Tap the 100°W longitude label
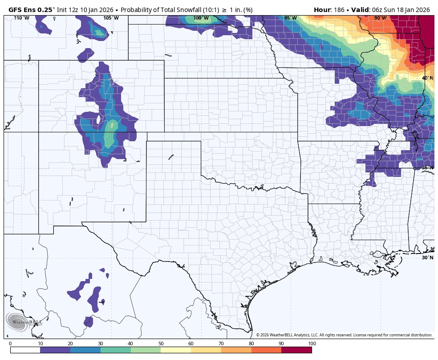201,18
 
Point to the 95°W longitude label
290,18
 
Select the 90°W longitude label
380,18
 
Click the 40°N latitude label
427,78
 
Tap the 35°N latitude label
427,168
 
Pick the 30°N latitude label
427,258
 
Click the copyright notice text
344,335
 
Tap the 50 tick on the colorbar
161,344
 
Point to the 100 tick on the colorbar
312,344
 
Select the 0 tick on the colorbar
10,344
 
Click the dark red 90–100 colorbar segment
296,350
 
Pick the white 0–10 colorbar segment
25,350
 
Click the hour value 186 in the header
338,10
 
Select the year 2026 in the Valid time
422,10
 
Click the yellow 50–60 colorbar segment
176,350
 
